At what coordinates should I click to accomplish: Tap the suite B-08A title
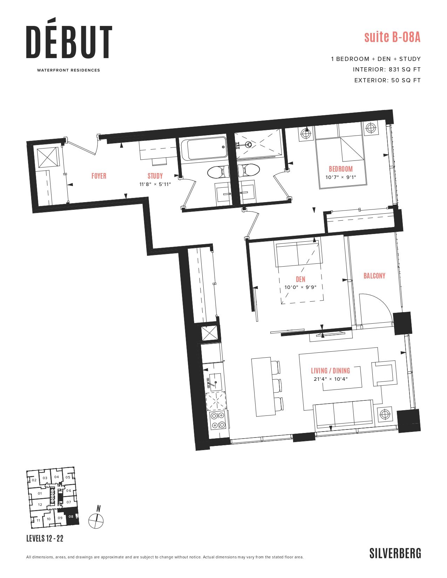[x=392, y=37]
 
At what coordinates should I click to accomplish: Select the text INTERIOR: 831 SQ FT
[x=387, y=69]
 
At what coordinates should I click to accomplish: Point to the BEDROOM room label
[x=340, y=169]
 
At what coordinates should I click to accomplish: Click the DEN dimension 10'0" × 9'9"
[x=300, y=287]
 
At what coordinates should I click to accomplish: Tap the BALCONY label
[x=374, y=276]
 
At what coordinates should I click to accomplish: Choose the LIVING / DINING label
[x=330, y=371]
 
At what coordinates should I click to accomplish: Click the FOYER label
[x=99, y=176]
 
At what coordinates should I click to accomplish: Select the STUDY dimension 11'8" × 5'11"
[x=155, y=184]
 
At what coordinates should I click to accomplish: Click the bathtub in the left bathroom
[x=204, y=148]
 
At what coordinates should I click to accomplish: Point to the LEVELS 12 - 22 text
[x=45, y=538]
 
